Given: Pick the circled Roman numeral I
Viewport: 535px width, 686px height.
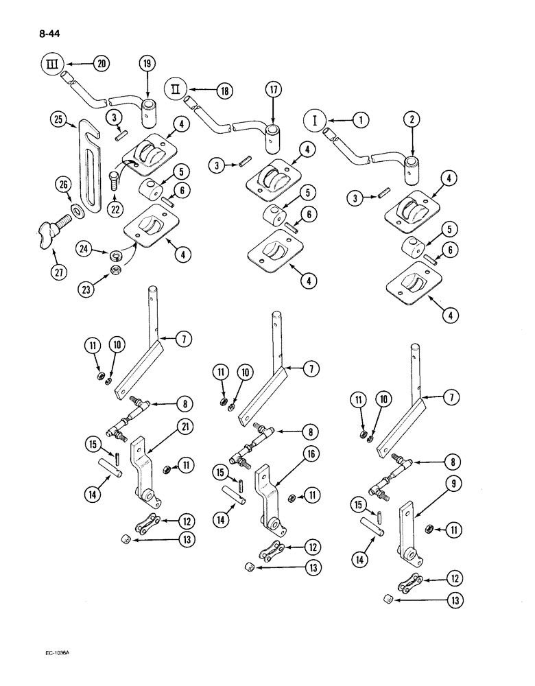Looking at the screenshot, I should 314,121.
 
